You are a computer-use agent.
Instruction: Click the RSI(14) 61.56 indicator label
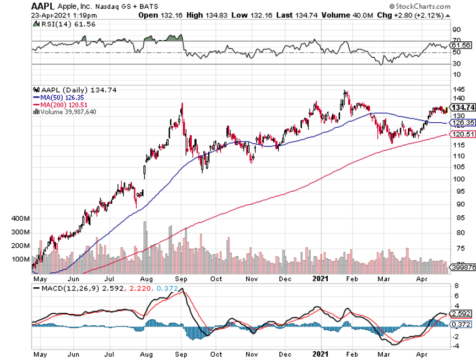tap(57, 23)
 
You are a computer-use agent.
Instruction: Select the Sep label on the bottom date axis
tap(181, 278)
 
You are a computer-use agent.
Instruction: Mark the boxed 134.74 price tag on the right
tap(463, 107)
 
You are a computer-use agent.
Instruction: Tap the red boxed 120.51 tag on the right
tap(463, 134)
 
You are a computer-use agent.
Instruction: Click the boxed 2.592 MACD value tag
tap(462, 313)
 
